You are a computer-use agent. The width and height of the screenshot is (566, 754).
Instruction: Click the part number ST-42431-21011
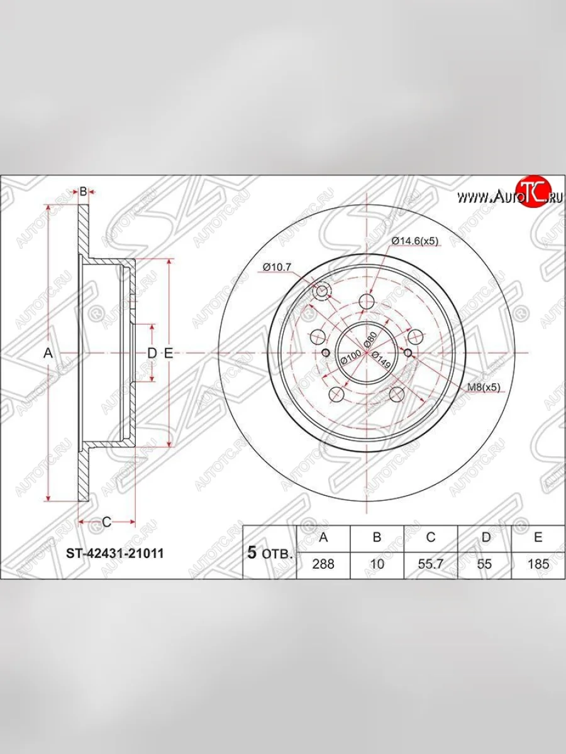(x=115, y=554)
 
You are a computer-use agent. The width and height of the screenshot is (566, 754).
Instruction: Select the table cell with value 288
(x=323, y=564)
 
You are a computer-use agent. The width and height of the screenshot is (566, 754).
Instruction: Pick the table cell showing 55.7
(x=431, y=564)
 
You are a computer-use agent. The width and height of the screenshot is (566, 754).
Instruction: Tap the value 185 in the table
(x=538, y=564)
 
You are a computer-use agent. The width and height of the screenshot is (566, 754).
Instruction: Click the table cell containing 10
(x=377, y=564)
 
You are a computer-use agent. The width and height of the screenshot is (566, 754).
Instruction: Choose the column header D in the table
(x=484, y=537)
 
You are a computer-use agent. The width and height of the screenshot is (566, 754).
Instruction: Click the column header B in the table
(x=377, y=537)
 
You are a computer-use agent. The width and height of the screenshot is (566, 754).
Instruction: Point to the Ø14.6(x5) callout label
(x=415, y=241)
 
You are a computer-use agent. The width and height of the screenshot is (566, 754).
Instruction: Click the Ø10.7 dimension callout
(x=277, y=267)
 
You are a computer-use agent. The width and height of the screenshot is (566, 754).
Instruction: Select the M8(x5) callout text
(x=484, y=387)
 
